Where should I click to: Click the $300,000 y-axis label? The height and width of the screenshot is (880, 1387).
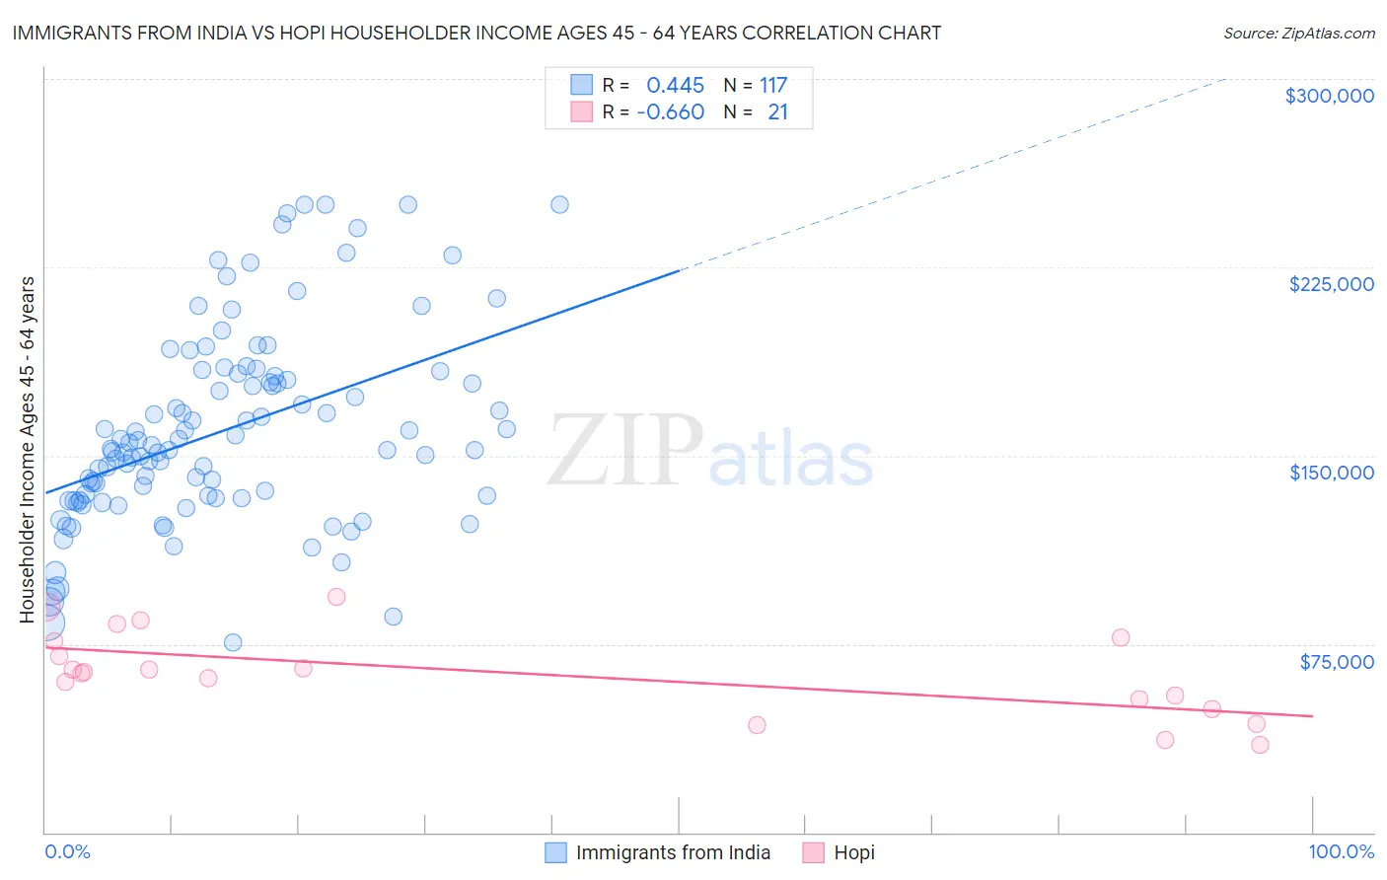[x=1329, y=96]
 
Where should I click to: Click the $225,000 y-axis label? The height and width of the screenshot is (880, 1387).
[x=1331, y=284]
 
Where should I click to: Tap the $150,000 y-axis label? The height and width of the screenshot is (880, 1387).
[x=1331, y=473]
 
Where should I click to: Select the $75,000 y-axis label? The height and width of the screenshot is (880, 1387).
[x=1336, y=662]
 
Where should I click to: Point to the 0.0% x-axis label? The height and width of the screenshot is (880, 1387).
[x=67, y=851]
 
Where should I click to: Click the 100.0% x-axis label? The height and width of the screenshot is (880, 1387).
[x=1341, y=851]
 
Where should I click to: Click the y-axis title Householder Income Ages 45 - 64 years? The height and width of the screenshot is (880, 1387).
[x=28, y=450]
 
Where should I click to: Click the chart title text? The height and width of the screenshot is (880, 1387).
[x=476, y=33]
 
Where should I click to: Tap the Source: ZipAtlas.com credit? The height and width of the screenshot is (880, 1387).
[x=1298, y=34]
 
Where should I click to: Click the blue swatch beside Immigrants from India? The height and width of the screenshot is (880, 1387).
[x=556, y=852]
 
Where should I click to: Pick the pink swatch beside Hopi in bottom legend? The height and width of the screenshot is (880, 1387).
[x=813, y=852]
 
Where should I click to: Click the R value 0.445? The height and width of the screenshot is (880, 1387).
[x=675, y=86]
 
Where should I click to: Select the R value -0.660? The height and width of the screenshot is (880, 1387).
[x=670, y=112]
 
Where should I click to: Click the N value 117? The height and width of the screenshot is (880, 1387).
[x=773, y=86]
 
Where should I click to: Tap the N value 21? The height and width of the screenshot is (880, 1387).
[x=777, y=112]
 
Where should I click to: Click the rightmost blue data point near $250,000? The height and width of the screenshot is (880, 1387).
[x=559, y=205]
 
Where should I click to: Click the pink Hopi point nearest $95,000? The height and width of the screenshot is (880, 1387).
[x=336, y=597]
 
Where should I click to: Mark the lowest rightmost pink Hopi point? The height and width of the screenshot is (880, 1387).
[x=1260, y=745]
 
